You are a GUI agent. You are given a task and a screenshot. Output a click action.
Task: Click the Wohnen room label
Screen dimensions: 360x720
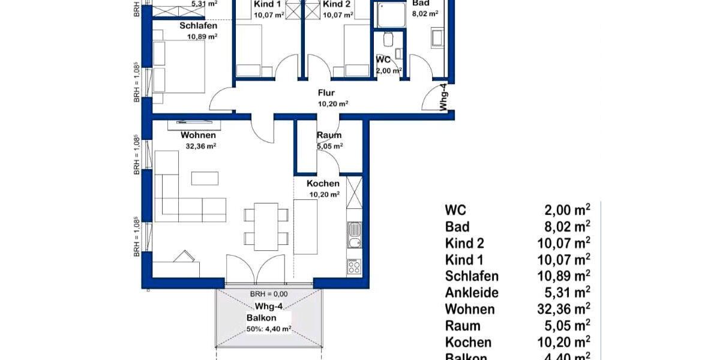[198, 135]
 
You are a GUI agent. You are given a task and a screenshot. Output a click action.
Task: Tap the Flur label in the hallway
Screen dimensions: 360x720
[326, 93]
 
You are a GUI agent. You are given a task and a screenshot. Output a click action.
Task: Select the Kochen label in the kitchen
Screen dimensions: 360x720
[323, 184]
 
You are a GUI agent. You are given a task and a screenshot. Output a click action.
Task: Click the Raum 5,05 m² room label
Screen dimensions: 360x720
[329, 136]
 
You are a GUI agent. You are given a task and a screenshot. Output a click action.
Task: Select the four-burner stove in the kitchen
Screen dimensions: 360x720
[355, 266]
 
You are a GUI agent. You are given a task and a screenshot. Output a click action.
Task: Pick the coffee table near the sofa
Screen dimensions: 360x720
[205, 178]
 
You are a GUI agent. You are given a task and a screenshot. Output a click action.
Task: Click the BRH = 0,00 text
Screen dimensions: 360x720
[269, 294]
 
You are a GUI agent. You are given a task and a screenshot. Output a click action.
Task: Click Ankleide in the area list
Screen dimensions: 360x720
[472, 293]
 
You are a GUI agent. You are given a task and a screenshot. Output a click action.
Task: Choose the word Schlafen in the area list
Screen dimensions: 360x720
[472, 277]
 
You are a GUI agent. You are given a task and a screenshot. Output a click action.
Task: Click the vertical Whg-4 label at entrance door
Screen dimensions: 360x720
[444, 97]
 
